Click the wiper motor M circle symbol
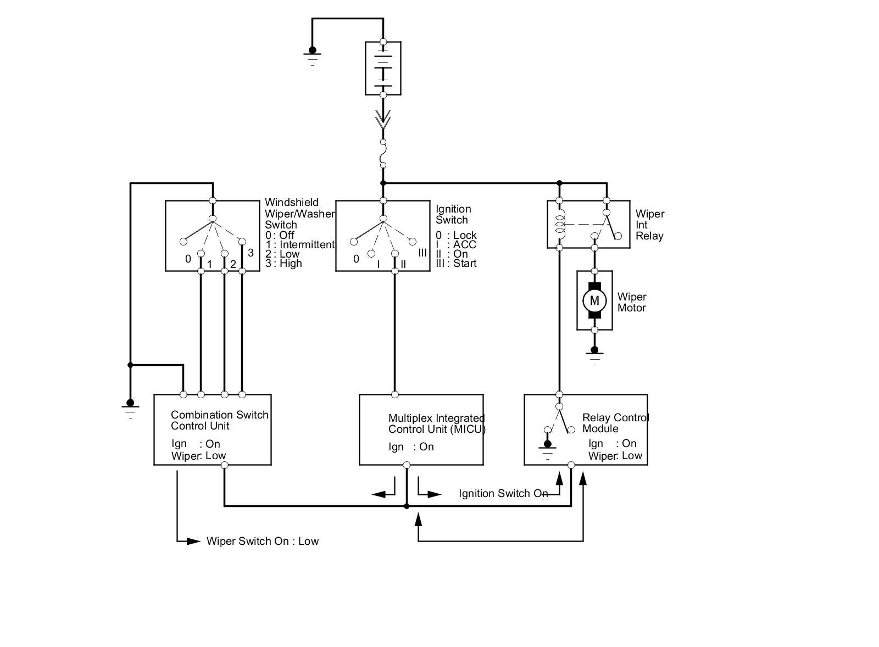594,300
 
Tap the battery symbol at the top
383,68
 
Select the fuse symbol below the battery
383,153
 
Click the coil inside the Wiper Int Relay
560,224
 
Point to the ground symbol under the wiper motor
594,355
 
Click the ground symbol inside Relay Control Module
547,448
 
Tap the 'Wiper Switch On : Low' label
263,541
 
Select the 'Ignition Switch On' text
503,493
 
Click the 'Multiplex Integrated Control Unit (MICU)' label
437,423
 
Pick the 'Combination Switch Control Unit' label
219,420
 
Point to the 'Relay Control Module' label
615,423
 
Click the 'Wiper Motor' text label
632,302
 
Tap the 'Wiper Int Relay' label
650,225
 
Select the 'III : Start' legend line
456,263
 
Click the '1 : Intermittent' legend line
300,244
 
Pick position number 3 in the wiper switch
251,253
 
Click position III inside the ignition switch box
422,253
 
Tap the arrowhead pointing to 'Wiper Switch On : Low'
193,541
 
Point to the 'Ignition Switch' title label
453,214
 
